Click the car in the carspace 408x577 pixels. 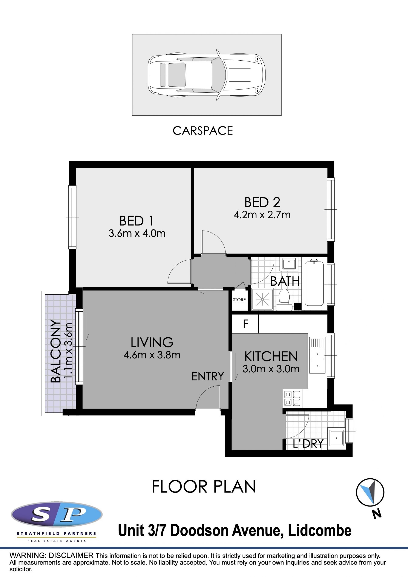[207, 75]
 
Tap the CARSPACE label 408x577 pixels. [203, 131]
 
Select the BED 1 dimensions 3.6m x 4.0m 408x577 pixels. [137, 233]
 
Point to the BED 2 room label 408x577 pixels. [262, 202]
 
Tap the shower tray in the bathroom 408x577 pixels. [262, 299]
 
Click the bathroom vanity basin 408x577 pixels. [289, 264]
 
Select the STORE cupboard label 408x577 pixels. [239, 300]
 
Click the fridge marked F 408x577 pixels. [245, 324]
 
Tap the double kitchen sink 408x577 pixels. [317, 355]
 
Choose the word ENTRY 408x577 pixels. [208, 376]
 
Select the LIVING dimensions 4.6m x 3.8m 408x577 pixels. [152, 355]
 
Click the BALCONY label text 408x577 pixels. [55, 351]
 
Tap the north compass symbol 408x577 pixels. [370, 492]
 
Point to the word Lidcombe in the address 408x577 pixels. [320, 530]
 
